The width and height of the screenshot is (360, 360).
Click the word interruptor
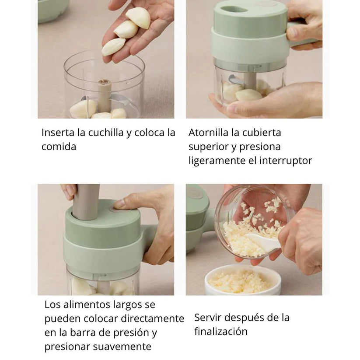pyautogui.click(x=286, y=161)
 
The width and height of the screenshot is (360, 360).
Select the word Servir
pyautogui.click(x=209, y=318)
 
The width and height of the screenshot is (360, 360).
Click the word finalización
pyautogui.click(x=220, y=332)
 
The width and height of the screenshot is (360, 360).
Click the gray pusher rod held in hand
pyautogui.click(x=86, y=201)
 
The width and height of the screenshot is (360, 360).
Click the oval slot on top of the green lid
pyautogui.click(x=234, y=9)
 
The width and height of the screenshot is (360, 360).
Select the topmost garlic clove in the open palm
pyautogui.click(x=139, y=17)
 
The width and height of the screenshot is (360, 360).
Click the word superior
pyautogui.click(x=208, y=147)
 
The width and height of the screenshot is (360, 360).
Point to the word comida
pyautogui.click(x=59, y=147)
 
